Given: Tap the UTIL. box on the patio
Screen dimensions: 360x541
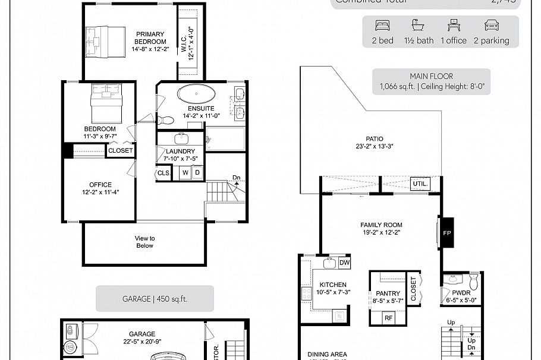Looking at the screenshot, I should tap(420, 184).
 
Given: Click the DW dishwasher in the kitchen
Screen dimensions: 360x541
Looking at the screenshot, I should tap(344, 263).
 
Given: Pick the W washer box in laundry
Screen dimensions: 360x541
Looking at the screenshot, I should tap(185, 173).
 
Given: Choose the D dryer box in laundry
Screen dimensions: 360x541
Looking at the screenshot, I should tap(197, 173).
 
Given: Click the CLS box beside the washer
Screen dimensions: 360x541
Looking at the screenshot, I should tap(163, 173).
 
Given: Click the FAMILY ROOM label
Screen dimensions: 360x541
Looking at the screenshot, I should tap(381, 225).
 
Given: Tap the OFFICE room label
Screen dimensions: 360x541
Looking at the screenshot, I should tap(100, 185).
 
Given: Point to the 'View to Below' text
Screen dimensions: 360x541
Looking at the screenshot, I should tap(144, 241).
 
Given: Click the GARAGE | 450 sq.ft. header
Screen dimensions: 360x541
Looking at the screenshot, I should tap(155, 299).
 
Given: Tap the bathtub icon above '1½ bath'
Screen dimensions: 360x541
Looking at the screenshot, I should tap(418, 26).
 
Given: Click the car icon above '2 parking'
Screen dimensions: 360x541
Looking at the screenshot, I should tap(491, 26).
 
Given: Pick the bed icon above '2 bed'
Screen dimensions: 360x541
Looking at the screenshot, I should tap(382, 26).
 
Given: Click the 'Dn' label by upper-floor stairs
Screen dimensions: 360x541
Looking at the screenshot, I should tap(236, 177).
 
